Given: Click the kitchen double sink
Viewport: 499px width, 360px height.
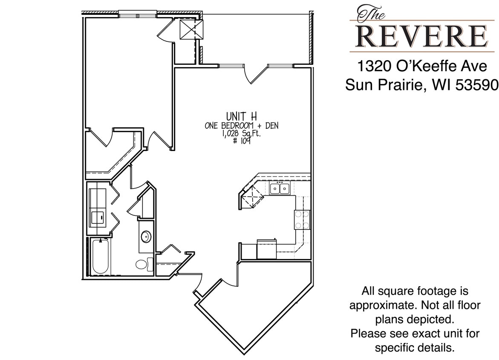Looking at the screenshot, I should pos(280,188).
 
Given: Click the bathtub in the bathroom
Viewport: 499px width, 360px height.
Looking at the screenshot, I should pos(101,256).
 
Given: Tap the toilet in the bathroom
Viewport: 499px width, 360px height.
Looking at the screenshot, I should pos(144,264).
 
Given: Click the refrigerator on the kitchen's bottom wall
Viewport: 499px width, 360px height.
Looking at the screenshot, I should pos(266,249).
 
